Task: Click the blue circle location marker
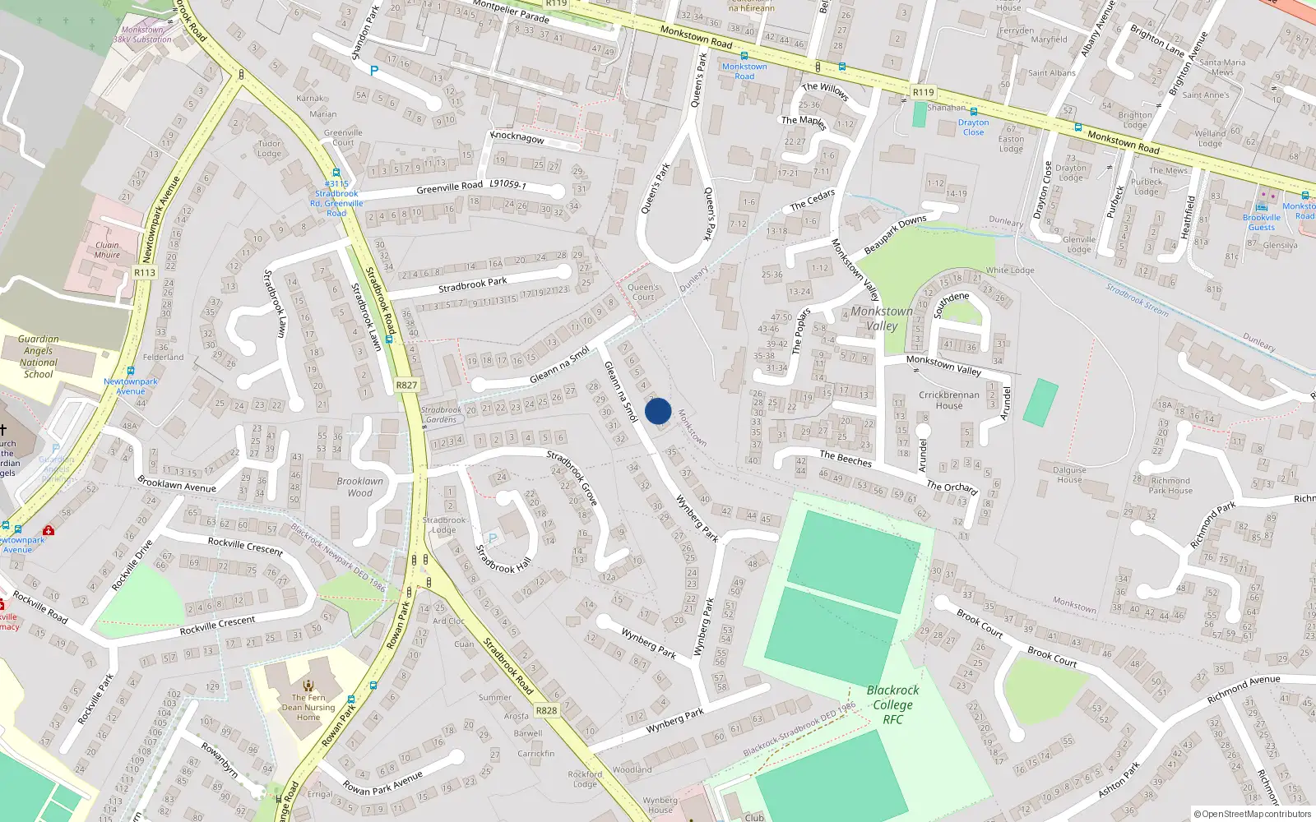point(658,411)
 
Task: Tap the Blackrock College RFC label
point(892,704)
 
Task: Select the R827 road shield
point(406,385)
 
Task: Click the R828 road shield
point(546,710)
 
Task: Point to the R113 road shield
point(145,272)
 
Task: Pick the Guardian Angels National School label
point(39,357)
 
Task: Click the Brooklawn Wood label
point(359,487)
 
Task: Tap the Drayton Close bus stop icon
point(974,112)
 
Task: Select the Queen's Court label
point(643,292)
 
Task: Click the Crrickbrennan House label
point(948,400)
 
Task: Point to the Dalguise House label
point(1069,475)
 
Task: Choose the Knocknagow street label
point(517,136)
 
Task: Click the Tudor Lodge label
point(269,148)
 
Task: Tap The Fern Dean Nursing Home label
point(308,707)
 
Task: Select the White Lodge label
point(1010,270)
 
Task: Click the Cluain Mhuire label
point(107,250)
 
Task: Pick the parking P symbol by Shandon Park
point(374,72)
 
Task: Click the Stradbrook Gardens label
point(442,414)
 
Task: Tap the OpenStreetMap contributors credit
point(1253,814)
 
